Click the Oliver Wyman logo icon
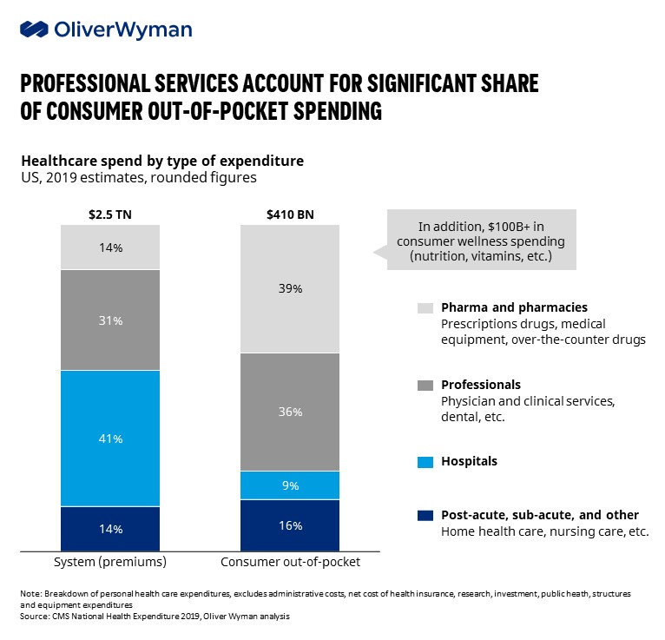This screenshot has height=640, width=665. [x=35, y=30]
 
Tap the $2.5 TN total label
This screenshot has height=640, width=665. [x=110, y=211]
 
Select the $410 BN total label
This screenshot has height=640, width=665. [x=290, y=211]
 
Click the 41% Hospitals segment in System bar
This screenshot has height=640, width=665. [x=110, y=439]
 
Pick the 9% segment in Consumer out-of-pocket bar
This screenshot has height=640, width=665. [x=290, y=485]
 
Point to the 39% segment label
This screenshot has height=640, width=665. [x=290, y=288]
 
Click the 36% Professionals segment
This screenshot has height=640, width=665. [x=290, y=412]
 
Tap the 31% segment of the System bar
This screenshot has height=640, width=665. [x=110, y=320]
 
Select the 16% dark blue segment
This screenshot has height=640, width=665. [x=290, y=525]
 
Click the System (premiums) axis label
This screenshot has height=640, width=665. [x=110, y=562]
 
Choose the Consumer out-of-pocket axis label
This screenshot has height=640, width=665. [x=291, y=562]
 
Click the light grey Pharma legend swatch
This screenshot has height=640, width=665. [x=425, y=308]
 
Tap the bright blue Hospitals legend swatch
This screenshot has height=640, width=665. [x=425, y=462]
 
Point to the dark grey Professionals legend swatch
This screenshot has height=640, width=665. [x=425, y=385]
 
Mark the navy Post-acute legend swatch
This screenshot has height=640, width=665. [x=425, y=516]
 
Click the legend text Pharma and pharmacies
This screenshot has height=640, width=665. [x=514, y=307]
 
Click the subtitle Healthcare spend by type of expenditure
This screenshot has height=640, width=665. [x=161, y=162]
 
